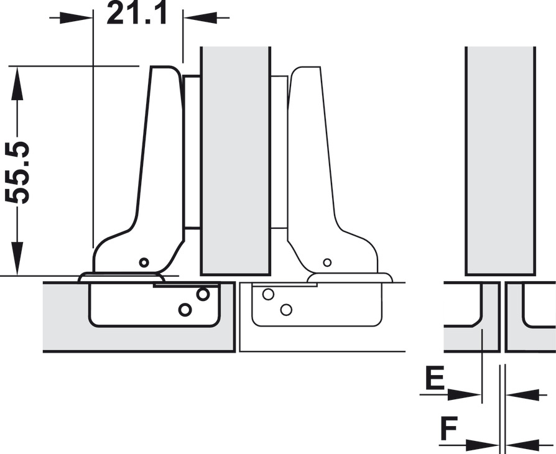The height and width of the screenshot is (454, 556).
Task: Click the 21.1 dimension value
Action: click(137, 13)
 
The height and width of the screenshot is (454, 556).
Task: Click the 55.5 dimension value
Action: click(17, 172)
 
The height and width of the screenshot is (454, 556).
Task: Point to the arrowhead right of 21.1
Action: click(200, 18)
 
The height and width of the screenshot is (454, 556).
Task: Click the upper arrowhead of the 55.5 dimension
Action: click(17, 84)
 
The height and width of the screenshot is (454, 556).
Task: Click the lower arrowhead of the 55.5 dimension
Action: click(17, 258)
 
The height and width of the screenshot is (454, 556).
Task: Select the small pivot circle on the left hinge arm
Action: click(144, 262)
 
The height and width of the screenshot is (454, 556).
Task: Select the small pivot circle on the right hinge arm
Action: click(327, 262)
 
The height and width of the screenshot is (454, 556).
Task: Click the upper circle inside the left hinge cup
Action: click(203, 294)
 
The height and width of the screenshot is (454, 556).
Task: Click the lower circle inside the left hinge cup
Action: click(185, 310)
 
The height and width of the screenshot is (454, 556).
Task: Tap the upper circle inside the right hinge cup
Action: click(268, 294)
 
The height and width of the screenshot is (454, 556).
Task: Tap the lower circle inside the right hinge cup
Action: click(286, 310)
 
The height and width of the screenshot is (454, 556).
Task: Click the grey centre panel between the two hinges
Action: click(236, 160)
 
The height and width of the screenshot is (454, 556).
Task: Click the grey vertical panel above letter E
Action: click(500, 160)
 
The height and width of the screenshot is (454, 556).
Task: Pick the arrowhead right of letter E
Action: click(465, 394)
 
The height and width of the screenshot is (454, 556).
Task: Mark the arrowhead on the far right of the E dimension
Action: click(522, 394)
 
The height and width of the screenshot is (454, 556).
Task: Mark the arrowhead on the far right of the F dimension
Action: click(522, 445)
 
